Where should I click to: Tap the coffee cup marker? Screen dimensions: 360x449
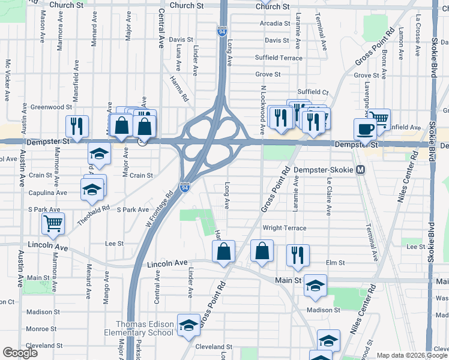point(364,128)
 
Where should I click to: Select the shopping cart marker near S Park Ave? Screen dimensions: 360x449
point(53,223)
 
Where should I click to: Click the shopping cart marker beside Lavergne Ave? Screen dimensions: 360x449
point(378,118)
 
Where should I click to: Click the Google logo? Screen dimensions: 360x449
point(20,352)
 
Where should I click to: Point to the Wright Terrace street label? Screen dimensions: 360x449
point(285,228)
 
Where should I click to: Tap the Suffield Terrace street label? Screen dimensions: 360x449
point(279,58)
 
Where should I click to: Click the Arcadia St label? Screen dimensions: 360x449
point(275,23)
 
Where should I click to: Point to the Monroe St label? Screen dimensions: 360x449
point(41,329)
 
